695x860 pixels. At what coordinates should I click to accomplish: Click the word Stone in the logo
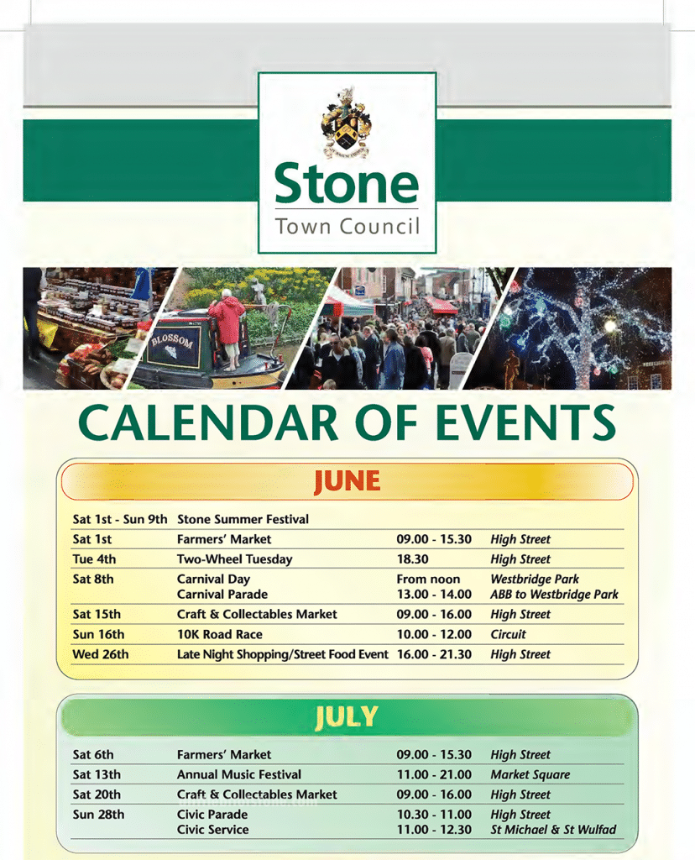pyautogui.click(x=346, y=185)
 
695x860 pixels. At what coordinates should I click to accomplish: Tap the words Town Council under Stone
pyautogui.click(x=347, y=226)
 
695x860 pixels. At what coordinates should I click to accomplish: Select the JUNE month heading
pyautogui.click(x=347, y=481)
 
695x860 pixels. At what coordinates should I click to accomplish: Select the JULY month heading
pyautogui.click(x=347, y=717)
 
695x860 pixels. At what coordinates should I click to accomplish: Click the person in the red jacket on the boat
pyautogui.click(x=226, y=323)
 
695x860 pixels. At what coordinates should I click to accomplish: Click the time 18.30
pyautogui.click(x=412, y=559)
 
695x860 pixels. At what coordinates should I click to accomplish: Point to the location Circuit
pyautogui.click(x=508, y=634)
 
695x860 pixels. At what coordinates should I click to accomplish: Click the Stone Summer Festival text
pyautogui.click(x=243, y=519)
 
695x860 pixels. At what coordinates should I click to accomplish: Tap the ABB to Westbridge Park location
pyautogui.click(x=554, y=595)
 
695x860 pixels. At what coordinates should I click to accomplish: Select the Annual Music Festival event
pyautogui.click(x=238, y=774)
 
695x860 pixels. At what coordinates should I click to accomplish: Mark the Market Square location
pyautogui.click(x=530, y=774)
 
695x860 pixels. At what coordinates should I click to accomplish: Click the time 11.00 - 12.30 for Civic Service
pyautogui.click(x=434, y=830)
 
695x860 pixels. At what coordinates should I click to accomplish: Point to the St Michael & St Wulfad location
pyautogui.click(x=553, y=830)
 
